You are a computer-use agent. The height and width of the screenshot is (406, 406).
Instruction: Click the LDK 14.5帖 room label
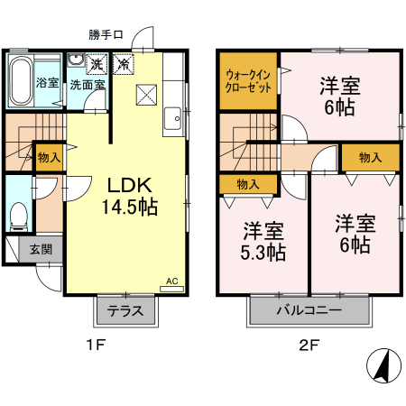[133, 196]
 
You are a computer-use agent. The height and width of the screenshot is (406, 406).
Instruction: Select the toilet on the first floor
[16, 214]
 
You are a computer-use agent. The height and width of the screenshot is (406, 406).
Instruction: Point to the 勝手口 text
[106, 35]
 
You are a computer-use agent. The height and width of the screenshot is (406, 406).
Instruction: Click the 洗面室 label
[87, 84]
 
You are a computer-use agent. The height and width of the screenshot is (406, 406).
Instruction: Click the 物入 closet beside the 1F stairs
[49, 157]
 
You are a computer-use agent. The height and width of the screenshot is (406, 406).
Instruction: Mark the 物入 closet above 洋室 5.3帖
[248, 183]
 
